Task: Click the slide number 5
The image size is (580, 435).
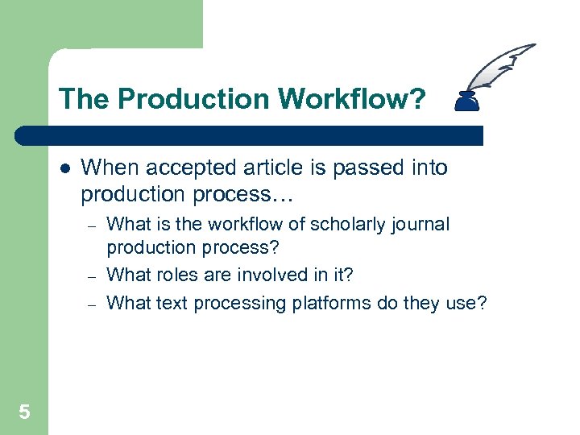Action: pyautogui.click(x=24, y=412)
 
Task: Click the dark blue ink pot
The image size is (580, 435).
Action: pyautogui.click(x=466, y=101)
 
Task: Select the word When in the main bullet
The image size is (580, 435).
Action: pyautogui.click(x=108, y=168)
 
